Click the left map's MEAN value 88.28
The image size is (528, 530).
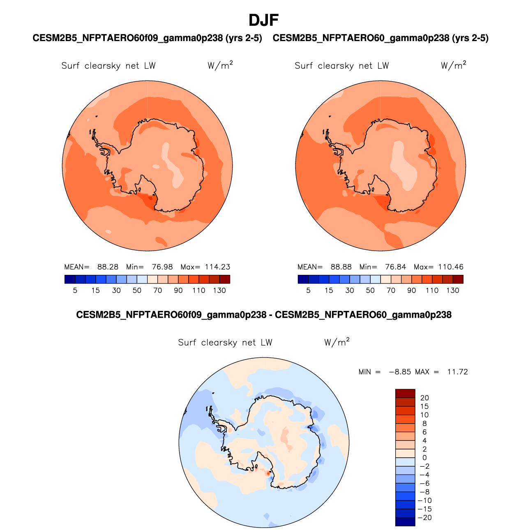(108, 267)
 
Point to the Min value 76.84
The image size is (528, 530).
(395, 267)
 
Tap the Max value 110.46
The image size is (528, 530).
(451, 267)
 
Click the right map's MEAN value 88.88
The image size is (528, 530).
(341, 267)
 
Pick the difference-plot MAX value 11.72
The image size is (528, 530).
(457, 372)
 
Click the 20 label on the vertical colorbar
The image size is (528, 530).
(424, 398)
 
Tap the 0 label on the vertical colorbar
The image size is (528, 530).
(424, 458)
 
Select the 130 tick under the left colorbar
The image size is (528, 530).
(219, 290)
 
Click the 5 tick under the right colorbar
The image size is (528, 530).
(308, 290)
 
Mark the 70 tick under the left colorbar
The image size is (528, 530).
(158, 290)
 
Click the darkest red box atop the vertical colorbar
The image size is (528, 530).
(405, 393)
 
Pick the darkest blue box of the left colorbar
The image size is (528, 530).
(70, 279)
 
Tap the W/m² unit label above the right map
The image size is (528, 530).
(453, 65)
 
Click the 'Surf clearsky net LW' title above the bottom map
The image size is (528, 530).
(225, 343)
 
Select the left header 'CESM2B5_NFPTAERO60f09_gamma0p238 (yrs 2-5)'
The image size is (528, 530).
(147, 38)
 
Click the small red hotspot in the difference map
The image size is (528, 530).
(268, 473)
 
